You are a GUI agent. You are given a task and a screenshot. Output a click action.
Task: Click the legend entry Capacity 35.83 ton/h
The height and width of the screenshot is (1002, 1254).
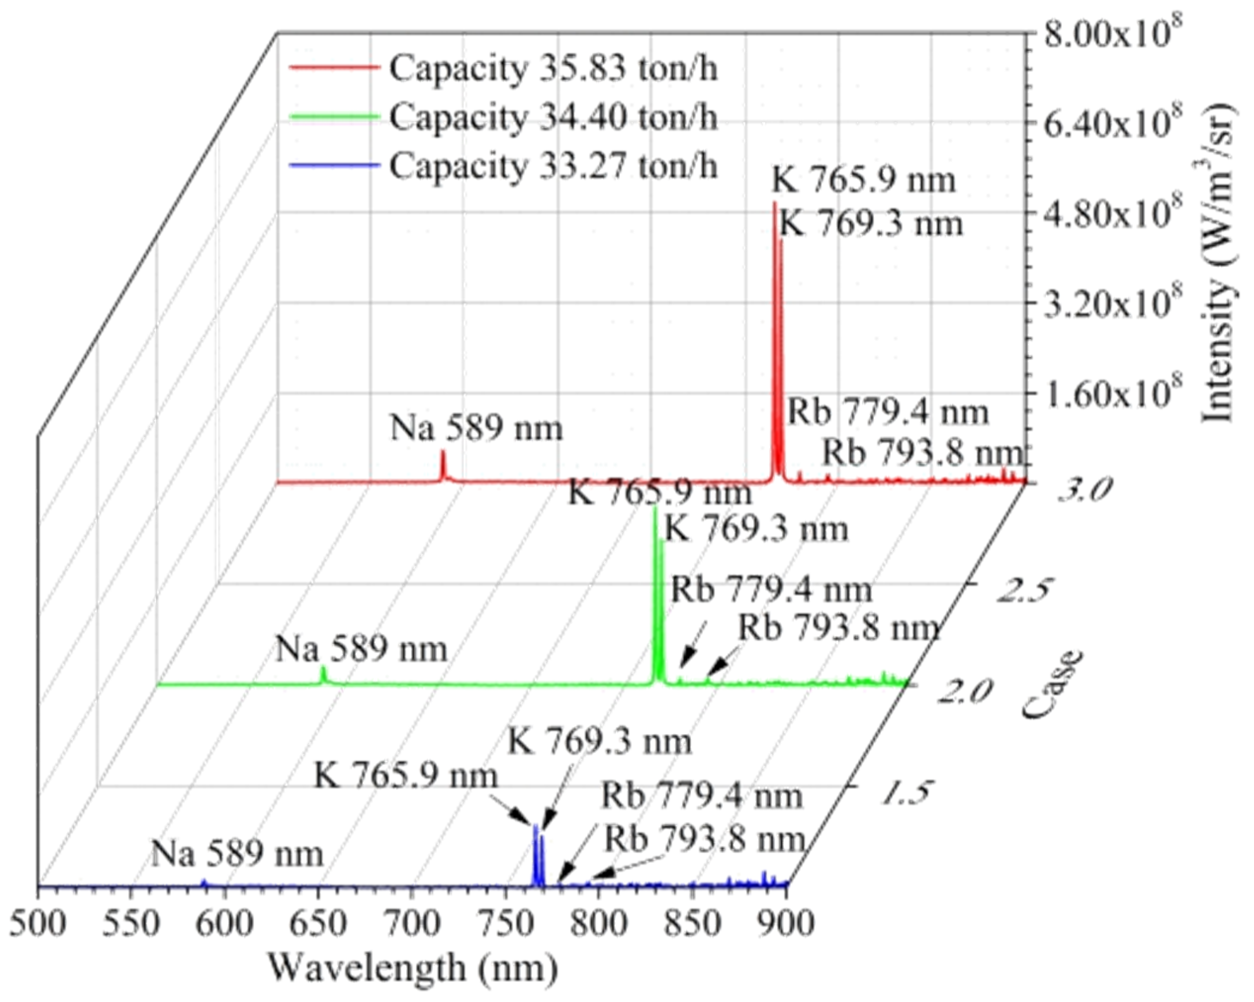tap(553, 68)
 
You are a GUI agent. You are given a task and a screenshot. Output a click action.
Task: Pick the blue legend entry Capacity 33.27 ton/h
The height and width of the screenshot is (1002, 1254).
tap(553, 166)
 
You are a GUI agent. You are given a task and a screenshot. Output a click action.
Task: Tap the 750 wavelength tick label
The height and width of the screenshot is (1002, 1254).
tap(506, 924)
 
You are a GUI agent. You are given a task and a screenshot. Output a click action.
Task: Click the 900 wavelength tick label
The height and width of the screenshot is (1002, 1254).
tap(786, 924)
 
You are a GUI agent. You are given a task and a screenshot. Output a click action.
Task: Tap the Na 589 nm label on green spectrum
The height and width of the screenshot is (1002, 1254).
tap(361, 649)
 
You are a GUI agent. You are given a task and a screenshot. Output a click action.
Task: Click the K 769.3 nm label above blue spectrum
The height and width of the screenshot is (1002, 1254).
tap(599, 742)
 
